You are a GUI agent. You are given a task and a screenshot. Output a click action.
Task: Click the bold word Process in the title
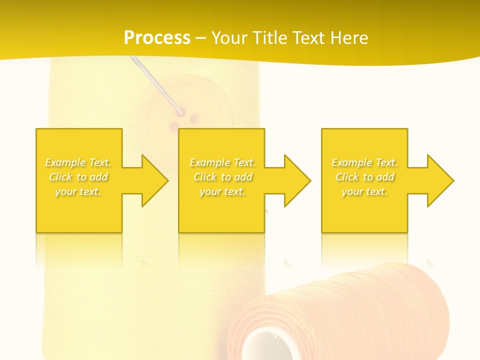(x=157, y=38)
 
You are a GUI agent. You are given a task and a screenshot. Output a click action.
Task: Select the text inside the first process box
(x=78, y=177)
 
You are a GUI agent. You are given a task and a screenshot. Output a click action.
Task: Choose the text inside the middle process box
(x=222, y=177)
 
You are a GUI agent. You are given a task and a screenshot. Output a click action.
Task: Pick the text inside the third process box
(x=364, y=177)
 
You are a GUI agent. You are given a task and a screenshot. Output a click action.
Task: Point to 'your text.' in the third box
(x=364, y=191)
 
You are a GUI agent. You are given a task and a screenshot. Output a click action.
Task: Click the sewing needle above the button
(x=155, y=82)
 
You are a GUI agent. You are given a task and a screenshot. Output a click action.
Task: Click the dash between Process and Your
(x=200, y=38)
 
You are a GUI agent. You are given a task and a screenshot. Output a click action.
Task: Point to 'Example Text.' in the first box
(x=78, y=162)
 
